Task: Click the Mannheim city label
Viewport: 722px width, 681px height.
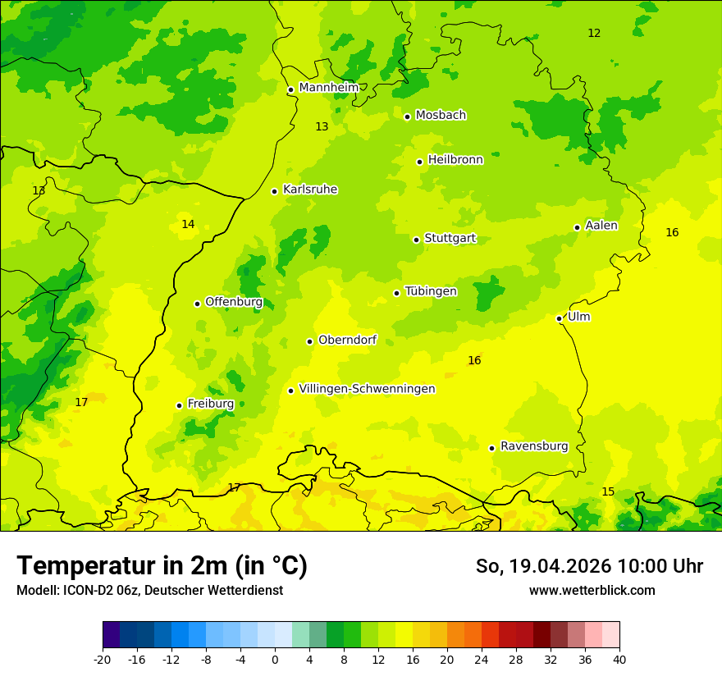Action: pos(328,87)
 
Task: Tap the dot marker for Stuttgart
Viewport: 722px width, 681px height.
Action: pos(417,240)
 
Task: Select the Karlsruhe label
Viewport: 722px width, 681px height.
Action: pos(310,190)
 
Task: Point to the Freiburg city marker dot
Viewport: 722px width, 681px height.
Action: pos(179,405)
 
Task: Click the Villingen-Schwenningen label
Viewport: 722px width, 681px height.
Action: pos(367,389)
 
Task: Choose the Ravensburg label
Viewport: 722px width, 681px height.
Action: pos(534,446)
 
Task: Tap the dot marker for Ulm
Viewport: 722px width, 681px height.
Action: pos(559,318)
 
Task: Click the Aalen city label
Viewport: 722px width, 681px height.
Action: pos(601,226)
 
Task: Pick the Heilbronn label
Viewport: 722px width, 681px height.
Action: pos(455,160)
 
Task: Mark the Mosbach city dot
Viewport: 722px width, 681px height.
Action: pos(407,117)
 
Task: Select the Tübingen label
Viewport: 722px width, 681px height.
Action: pos(431,291)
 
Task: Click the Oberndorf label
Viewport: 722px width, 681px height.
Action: pos(347,340)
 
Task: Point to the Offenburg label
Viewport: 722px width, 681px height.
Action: pos(234,302)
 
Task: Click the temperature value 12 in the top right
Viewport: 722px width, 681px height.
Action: pos(594,34)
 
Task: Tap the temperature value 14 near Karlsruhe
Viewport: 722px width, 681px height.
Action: pos(188,225)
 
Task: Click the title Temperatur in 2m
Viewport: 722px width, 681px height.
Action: pos(162,566)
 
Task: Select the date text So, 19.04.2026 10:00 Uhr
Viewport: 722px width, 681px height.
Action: pos(589,566)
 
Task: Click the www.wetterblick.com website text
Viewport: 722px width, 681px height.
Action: pos(592,590)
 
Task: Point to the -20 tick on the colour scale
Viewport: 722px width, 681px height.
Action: pos(103,659)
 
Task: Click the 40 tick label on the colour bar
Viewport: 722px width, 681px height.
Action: pos(619,659)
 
